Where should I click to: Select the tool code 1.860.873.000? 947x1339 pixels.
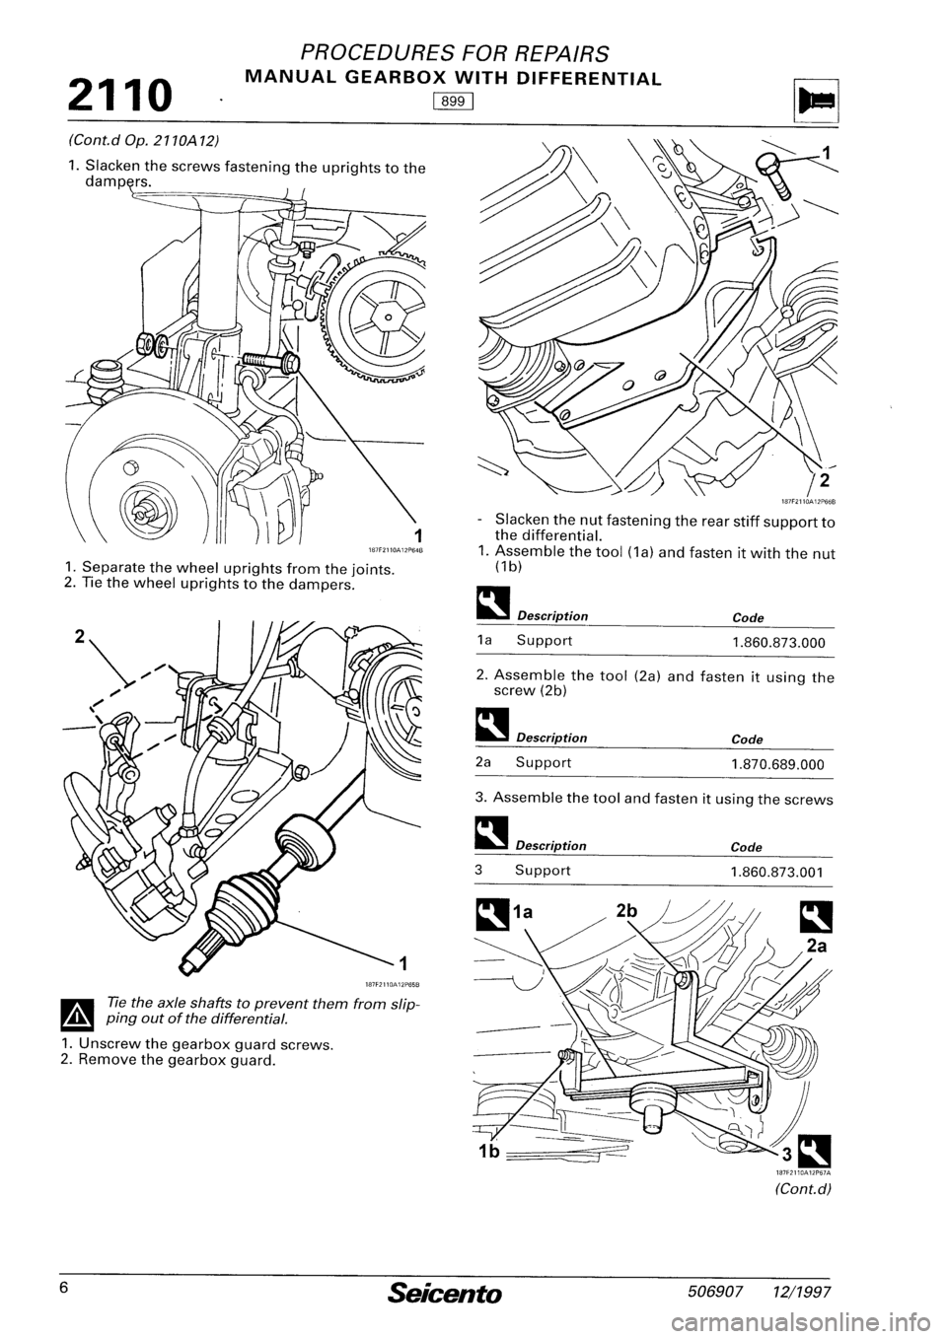[777, 642]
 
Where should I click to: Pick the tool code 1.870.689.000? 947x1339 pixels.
[777, 763]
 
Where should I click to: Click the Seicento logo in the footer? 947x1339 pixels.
[457, 1289]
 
